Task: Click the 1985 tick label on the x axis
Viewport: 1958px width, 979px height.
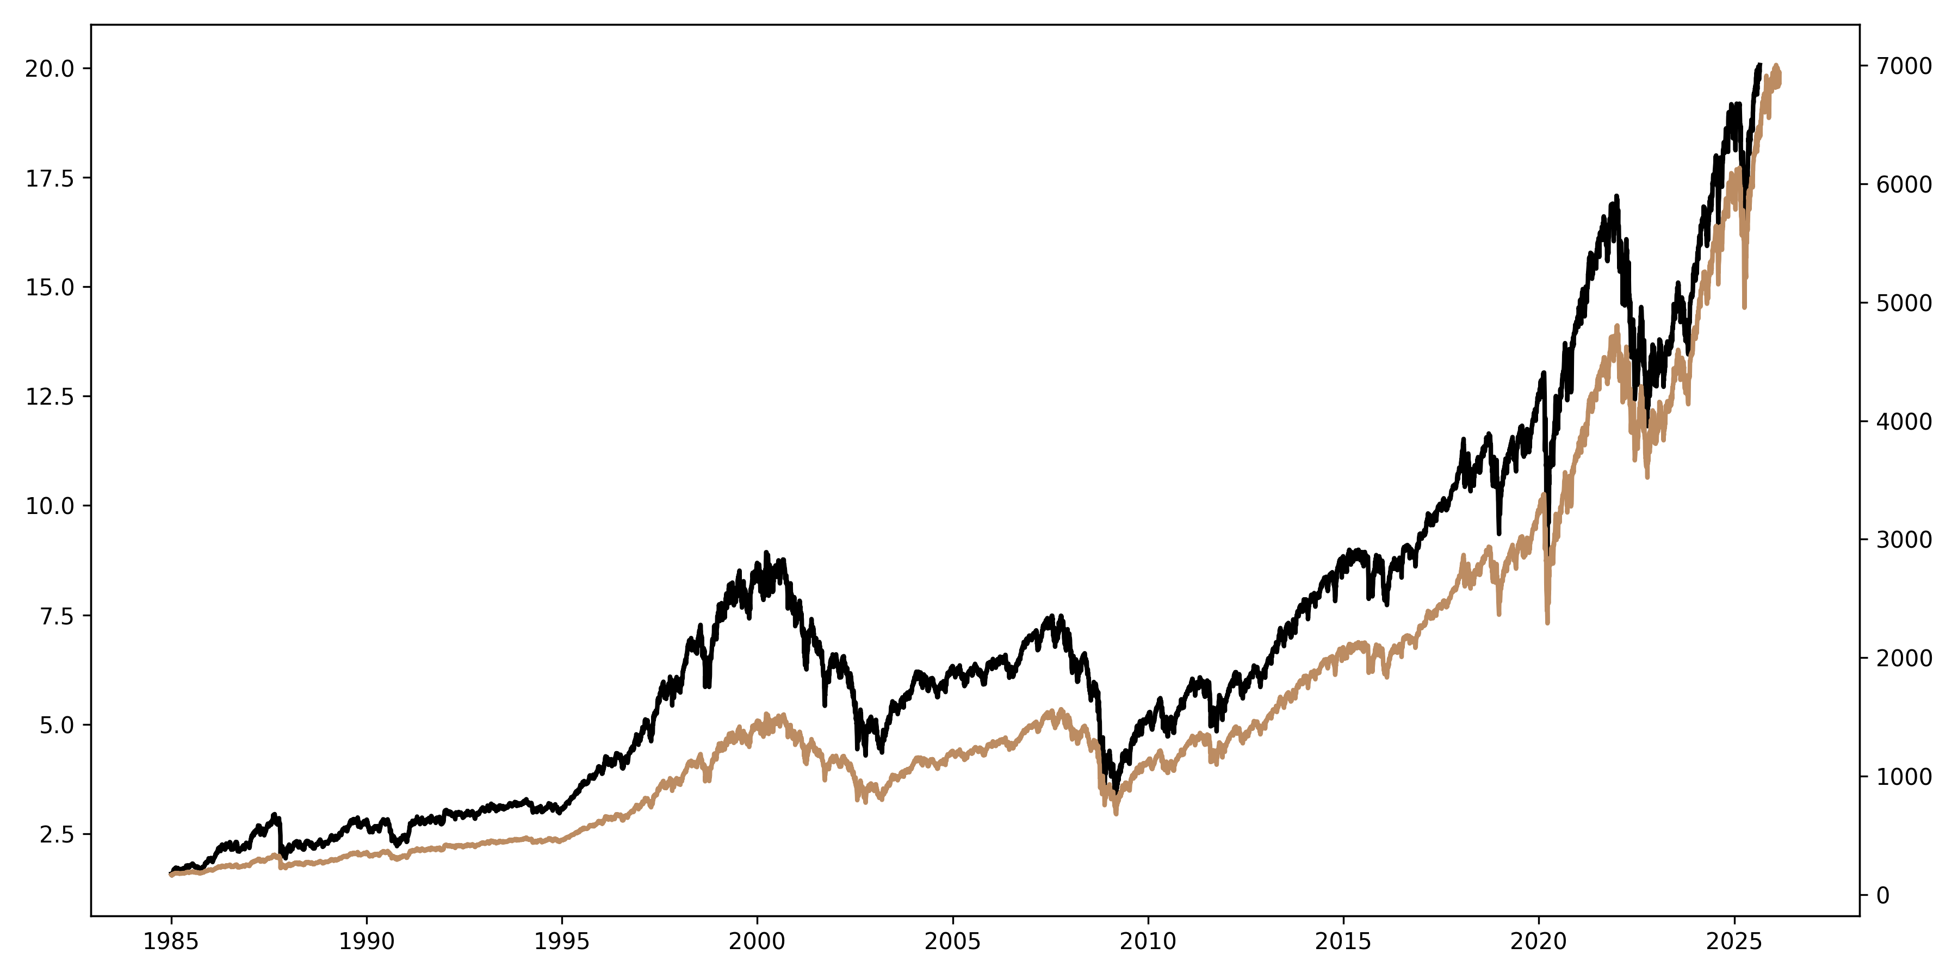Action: (171, 943)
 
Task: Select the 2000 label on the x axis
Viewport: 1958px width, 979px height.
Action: (757, 943)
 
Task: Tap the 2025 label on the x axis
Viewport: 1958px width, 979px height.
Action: (1734, 943)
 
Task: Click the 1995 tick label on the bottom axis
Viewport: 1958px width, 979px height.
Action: (562, 943)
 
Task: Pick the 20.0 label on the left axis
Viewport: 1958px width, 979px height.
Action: (49, 69)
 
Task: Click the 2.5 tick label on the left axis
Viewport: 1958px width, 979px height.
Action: (57, 834)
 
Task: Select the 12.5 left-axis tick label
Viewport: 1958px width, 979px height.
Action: (49, 397)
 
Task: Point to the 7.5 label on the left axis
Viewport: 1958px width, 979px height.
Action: (57, 616)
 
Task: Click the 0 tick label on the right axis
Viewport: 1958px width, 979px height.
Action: (1882, 895)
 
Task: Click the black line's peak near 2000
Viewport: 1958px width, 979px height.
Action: (766, 553)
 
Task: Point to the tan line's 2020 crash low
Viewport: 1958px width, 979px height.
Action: (1547, 623)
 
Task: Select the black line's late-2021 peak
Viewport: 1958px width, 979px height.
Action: (1617, 196)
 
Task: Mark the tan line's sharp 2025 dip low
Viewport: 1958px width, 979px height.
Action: (1744, 307)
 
